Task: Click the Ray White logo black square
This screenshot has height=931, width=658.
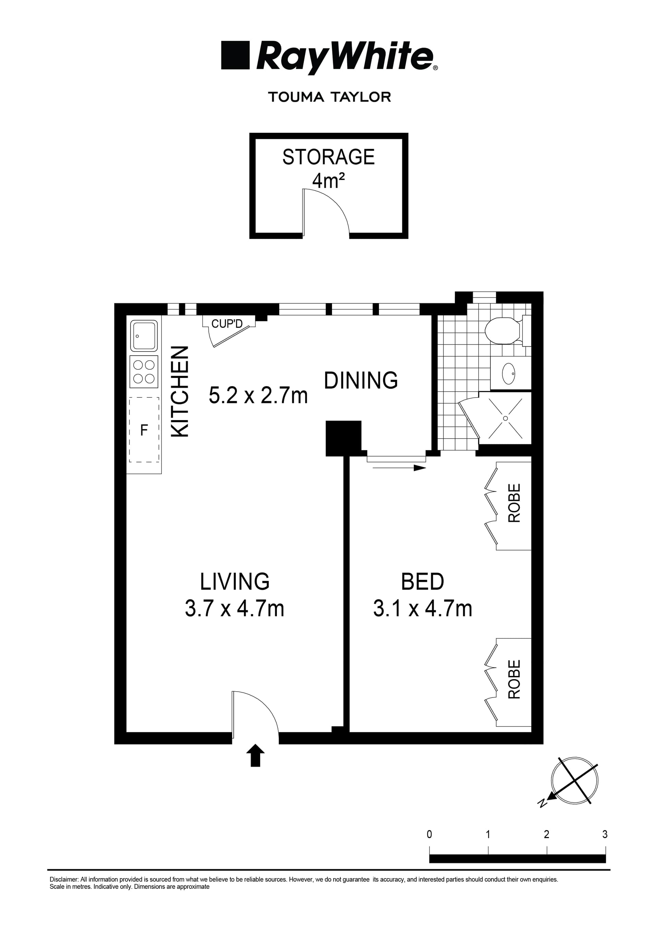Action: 235,55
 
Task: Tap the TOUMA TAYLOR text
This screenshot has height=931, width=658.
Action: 329,97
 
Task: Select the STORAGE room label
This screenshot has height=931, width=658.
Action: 329,157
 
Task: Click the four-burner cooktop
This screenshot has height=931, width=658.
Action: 144,372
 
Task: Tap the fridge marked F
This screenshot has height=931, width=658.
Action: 144,430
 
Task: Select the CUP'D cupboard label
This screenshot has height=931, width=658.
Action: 227,324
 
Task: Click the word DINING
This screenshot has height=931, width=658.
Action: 361,380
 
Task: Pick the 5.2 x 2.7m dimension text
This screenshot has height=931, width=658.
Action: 258,395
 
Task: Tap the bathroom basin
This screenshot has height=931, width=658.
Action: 509,373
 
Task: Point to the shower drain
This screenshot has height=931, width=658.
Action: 505,418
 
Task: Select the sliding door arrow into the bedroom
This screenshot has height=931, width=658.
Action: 400,468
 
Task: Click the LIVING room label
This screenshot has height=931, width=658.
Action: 235,582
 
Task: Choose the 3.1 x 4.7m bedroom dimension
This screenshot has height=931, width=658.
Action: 423,609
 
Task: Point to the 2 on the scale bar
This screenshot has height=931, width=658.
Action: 547,834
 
